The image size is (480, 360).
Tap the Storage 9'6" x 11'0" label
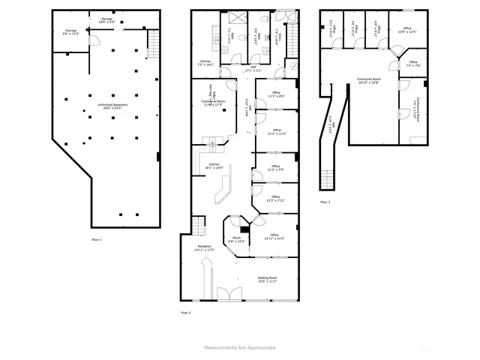coord(70,32)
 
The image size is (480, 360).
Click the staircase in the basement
coord(154,38)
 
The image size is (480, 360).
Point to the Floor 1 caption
coord(96,239)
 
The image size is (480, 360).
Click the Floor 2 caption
coord(185,312)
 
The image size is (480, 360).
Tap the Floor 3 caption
coord(325,202)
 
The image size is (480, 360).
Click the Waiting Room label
coord(268,280)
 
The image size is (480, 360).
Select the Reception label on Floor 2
coord(204,247)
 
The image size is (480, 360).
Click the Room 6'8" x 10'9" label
coord(237,240)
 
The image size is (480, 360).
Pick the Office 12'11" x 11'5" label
coord(274,236)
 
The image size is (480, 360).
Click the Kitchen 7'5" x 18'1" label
coord(205,63)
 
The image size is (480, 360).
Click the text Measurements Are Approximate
coord(240,347)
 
